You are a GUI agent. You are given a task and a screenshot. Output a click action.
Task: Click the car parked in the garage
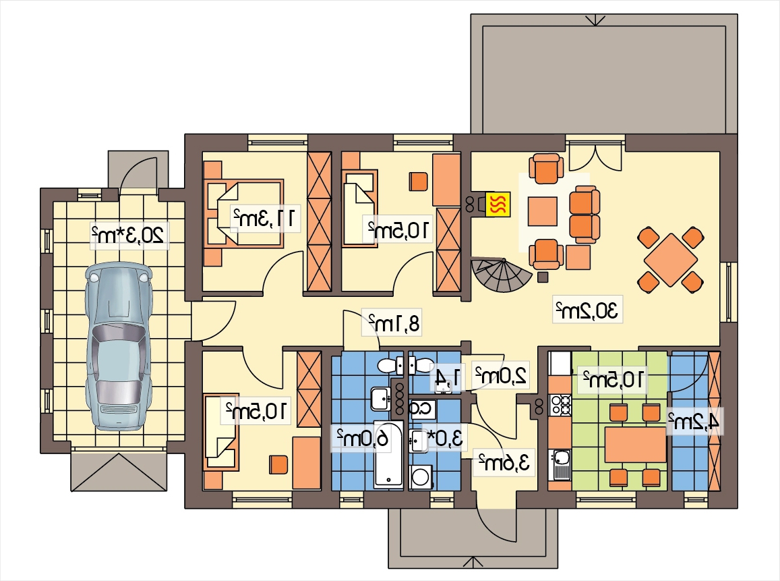pyautogui.click(x=119, y=347)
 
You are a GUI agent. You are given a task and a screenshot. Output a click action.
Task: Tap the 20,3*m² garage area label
pyautogui.click(x=127, y=235)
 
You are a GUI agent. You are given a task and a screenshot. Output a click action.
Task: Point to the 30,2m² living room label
pyautogui.click(x=587, y=310)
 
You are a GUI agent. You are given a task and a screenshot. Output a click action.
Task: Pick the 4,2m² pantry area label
pyautogui.click(x=694, y=422)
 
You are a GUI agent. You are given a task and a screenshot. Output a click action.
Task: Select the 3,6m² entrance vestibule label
pyautogui.click(x=504, y=462)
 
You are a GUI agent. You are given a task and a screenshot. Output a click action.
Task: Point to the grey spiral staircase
pyautogui.click(x=502, y=276)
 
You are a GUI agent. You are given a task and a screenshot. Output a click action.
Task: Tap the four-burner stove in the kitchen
pyautogui.click(x=560, y=405)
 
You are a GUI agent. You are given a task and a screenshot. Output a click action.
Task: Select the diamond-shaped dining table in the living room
pyautogui.click(x=671, y=260)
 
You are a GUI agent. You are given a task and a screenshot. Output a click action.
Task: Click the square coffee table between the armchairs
pyautogui.click(x=543, y=211)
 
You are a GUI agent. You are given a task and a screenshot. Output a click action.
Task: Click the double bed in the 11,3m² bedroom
pyautogui.click(x=244, y=214)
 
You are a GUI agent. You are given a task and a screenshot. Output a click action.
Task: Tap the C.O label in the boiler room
pyautogui.click(x=422, y=409)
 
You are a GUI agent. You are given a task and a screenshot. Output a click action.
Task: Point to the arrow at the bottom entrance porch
pyautogui.click(x=473, y=562)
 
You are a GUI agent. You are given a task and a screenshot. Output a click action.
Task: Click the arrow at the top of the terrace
pyautogui.click(x=595, y=20)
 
